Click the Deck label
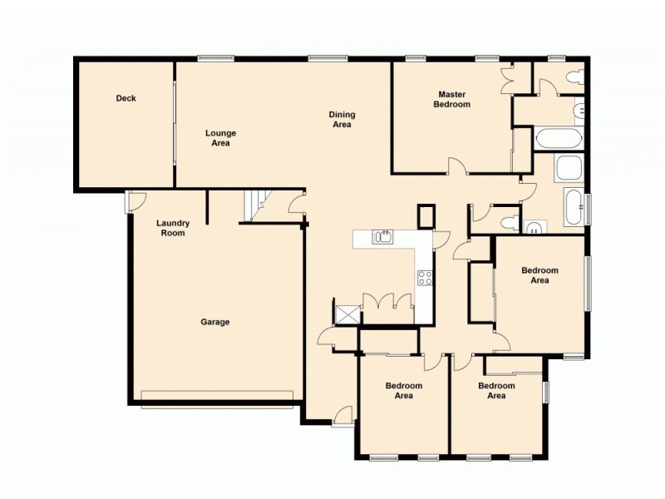[x=126, y=98]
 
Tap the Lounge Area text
[x=221, y=138]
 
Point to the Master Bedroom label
[x=451, y=99]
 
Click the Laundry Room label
[x=173, y=228]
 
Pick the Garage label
[x=214, y=322]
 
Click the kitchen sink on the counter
[x=383, y=238]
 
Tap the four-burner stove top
[x=425, y=278]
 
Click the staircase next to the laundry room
[x=255, y=205]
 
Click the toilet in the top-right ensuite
[x=572, y=77]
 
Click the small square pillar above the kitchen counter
[x=426, y=216]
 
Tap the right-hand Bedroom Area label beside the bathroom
[x=539, y=275]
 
